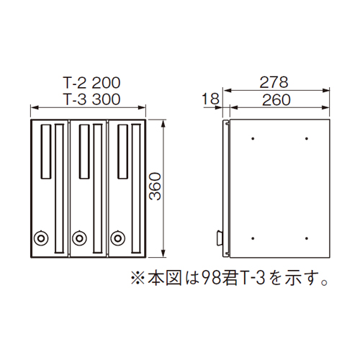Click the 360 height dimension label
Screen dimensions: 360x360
(155, 186)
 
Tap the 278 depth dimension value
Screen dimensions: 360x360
(274, 82)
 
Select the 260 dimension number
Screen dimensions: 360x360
(276, 100)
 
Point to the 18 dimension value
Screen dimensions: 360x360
(210, 99)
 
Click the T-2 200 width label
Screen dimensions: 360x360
(91, 83)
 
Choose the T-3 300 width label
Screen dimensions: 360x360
(91, 99)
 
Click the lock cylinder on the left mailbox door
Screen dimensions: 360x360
(41, 238)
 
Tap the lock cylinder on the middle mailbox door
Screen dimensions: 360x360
(79, 238)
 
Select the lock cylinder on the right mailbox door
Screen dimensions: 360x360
(117, 238)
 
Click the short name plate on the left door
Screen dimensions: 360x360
(46, 152)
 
